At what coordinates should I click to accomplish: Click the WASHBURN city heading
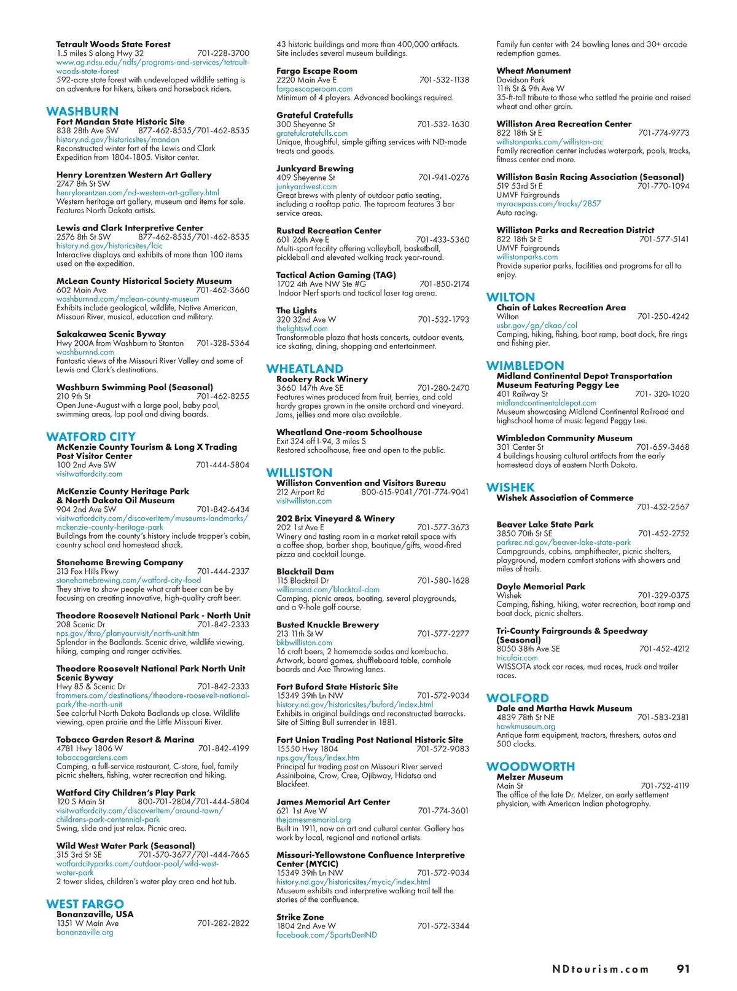[x=82, y=111]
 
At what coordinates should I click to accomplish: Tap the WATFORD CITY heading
[x=90, y=437]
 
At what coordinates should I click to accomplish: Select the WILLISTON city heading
[x=299, y=472]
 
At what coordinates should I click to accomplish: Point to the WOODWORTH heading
[x=531, y=766]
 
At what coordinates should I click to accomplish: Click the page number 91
[x=683, y=969]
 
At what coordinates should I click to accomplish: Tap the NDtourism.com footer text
[x=600, y=969]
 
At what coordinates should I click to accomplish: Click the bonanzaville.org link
[x=85, y=932]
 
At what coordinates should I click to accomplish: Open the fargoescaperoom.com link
[x=314, y=88]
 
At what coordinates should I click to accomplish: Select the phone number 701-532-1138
[x=444, y=80]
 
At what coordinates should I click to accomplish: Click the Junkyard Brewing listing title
[x=315, y=168]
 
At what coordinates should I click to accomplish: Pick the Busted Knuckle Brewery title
[x=327, y=625]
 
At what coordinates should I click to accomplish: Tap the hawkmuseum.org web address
[x=526, y=726]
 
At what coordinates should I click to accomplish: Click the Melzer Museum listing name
[x=529, y=777]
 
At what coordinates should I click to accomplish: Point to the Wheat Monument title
[x=534, y=71]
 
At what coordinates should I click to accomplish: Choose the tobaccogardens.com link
[x=92, y=758]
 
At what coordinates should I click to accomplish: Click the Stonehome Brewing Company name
[x=120, y=562]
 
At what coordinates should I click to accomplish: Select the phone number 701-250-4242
[x=663, y=316]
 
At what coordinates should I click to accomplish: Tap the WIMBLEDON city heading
[x=525, y=366]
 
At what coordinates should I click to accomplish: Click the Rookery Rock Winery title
[x=322, y=379]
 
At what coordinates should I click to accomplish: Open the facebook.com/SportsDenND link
[x=327, y=934]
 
